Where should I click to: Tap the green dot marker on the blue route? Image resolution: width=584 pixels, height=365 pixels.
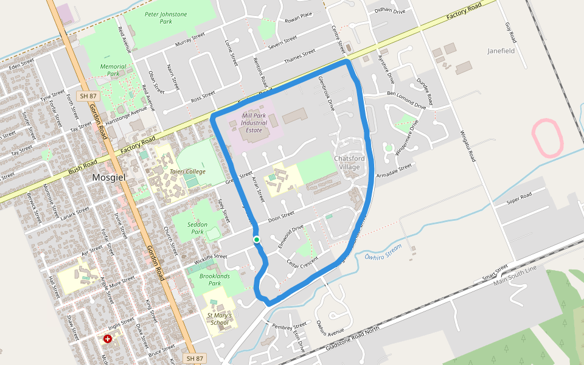(257, 240)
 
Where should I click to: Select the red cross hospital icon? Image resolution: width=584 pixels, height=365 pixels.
(108, 338)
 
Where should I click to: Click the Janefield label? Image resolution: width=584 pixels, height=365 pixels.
(501, 51)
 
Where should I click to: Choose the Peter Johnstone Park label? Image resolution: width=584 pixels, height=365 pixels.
(166, 17)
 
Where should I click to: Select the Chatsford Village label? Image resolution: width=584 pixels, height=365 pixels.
(347, 162)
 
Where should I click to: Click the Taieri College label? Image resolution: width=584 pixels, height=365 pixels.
(187, 172)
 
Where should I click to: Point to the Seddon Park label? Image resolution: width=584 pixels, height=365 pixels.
(197, 228)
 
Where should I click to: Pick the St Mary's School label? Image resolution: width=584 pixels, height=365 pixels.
(218, 319)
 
